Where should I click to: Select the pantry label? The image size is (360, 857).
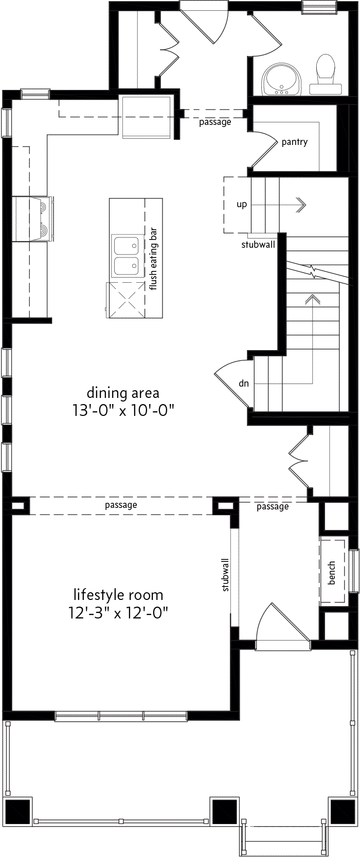(294, 142)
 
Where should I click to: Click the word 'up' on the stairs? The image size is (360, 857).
(241, 204)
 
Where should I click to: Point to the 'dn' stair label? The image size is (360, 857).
(244, 383)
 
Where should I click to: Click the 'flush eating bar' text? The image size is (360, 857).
(153, 259)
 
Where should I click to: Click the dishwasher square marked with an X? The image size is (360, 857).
(125, 300)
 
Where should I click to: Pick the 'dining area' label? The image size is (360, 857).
(123, 393)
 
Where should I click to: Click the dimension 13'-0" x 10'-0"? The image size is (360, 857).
(123, 411)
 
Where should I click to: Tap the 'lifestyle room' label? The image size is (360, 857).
(118, 595)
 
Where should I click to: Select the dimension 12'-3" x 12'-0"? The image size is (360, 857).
(119, 613)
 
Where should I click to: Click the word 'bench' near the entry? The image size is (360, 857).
(332, 573)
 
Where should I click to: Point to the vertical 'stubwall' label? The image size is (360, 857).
(225, 575)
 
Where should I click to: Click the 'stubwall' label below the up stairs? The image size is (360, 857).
(258, 245)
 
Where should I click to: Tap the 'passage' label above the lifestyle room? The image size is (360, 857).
(121, 505)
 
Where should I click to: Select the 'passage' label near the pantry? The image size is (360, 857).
(215, 122)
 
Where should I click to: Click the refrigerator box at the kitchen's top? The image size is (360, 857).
(146, 117)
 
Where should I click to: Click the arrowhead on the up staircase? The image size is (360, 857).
(302, 205)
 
